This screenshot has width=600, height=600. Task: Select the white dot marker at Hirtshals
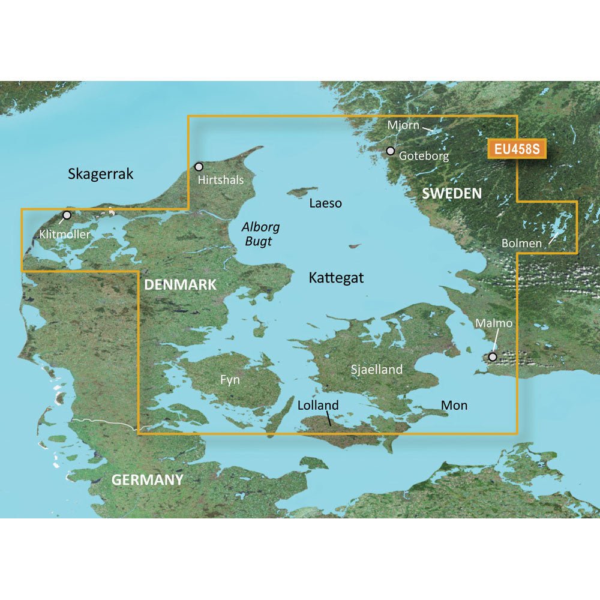pos(199,166)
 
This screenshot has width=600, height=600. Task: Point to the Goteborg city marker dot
pos(391,151)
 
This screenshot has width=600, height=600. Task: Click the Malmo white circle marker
pos(493,357)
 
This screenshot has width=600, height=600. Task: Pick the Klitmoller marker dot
pos(67,215)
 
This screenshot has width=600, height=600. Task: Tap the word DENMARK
pos(180,285)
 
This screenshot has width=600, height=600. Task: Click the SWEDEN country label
pos(452,193)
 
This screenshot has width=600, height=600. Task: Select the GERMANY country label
pos(147,479)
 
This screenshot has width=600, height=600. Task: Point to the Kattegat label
pos(336,278)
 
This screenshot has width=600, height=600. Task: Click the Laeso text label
pos(325,203)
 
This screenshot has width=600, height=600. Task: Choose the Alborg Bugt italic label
pos(261,234)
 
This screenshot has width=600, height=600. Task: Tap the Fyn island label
pos(230,380)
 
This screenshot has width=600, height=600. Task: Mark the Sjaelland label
pos(377,370)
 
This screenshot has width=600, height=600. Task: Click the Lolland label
pos(318,406)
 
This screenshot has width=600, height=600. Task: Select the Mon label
pos(454,406)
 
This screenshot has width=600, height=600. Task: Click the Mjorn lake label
pos(403,125)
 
